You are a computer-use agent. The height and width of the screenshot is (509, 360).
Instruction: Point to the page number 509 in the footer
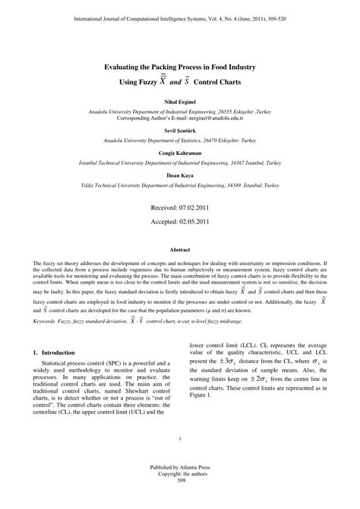pyautogui.click(x=180, y=501)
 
